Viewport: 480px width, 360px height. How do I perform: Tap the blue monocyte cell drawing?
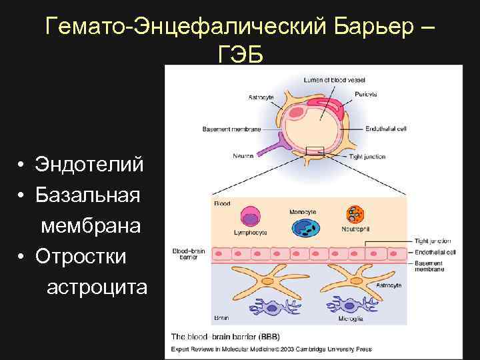[x=305, y=227]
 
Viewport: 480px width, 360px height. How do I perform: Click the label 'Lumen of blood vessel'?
[x=331, y=80]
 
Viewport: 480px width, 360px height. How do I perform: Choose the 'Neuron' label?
[x=243, y=156]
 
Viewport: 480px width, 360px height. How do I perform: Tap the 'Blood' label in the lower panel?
[x=222, y=203]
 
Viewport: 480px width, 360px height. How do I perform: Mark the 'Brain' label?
[x=221, y=318]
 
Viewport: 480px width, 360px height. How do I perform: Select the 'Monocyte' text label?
[x=303, y=211]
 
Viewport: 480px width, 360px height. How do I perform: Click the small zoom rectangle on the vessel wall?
[x=314, y=151]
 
